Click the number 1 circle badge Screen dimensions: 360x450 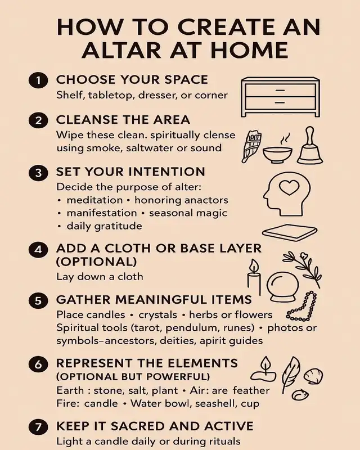[38, 80]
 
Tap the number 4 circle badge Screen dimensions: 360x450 [38, 250]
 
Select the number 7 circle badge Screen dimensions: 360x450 [38, 427]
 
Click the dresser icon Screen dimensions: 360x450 [280, 97]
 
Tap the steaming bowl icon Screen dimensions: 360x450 [278, 150]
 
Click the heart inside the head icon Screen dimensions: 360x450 [289, 187]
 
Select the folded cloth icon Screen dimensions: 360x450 [290, 232]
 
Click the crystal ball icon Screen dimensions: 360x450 [283, 287]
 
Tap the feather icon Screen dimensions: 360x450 [290, 375]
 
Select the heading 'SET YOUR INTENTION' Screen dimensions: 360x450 [130, 172]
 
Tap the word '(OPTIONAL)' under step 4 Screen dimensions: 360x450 [96, 262]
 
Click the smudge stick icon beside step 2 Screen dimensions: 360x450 [252, 146]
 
